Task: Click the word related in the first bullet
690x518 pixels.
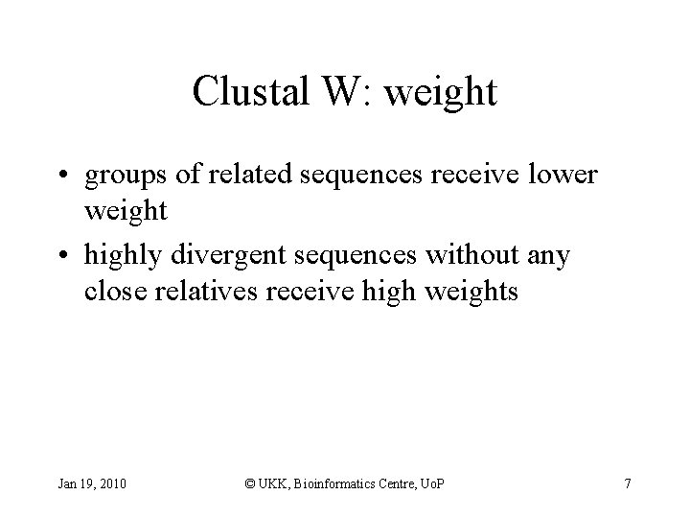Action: coord(250,176)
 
